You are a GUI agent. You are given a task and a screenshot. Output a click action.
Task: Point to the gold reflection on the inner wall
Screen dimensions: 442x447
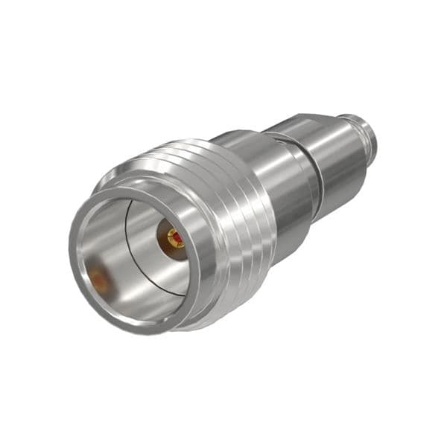[x=98, y=280]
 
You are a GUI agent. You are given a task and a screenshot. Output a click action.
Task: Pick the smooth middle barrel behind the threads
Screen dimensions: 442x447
[x=283, y=186]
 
